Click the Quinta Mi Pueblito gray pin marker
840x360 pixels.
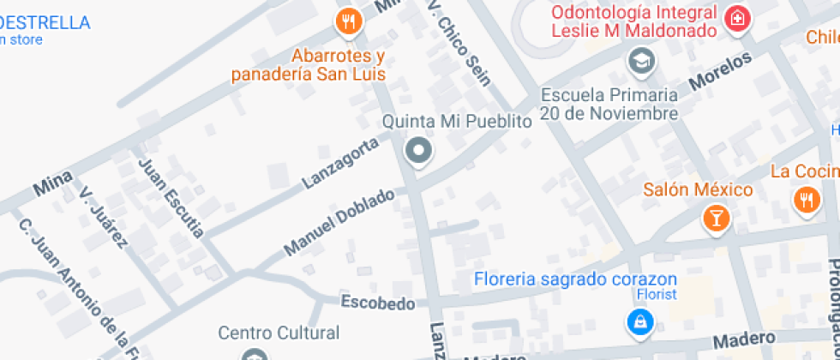[418, 151]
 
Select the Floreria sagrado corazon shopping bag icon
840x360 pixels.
[639, 322]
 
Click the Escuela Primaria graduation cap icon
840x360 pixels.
[639, 60]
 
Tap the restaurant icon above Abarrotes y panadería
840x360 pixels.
[348, 21]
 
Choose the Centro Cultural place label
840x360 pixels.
[279, 333]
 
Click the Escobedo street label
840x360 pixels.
[378, 303]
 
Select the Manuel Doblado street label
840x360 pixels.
[339, 221]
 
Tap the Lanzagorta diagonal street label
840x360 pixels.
[340, 163]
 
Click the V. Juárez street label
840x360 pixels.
[103, 219]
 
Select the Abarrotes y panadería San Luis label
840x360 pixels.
[309, 65]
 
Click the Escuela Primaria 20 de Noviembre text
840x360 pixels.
[609, 104]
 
